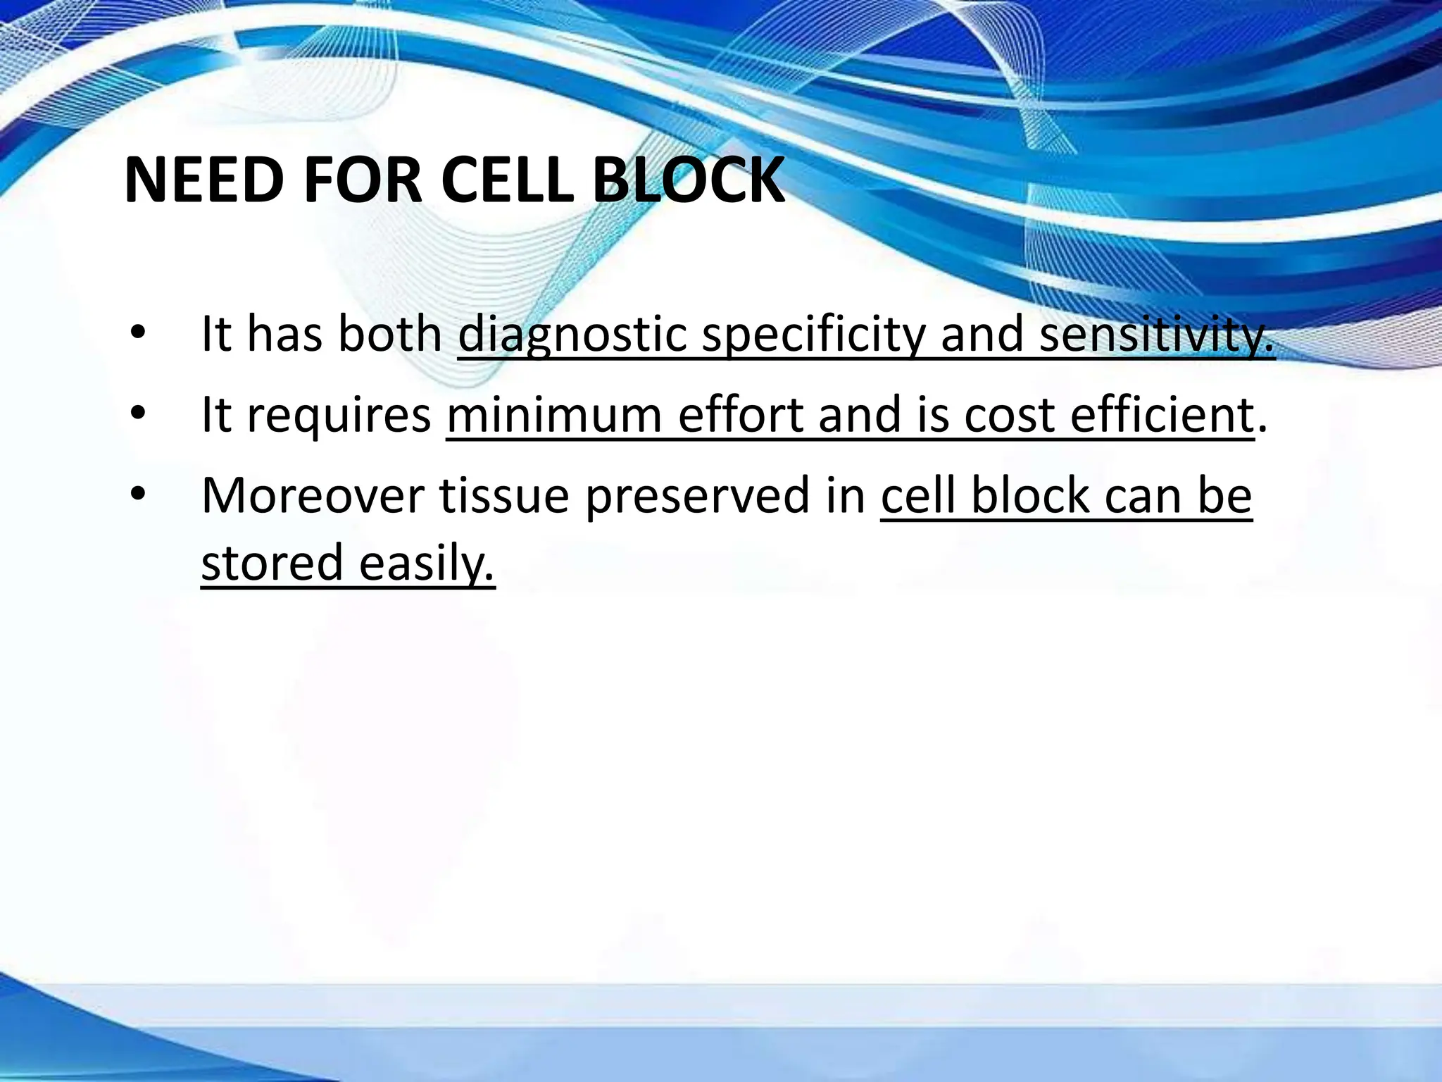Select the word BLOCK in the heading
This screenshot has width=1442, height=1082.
[688, 180]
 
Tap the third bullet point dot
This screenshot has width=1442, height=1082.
[138, 494]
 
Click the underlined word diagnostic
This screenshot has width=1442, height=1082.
[572, 335]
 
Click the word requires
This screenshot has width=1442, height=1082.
[339, 416]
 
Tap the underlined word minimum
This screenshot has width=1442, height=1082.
[554, 416]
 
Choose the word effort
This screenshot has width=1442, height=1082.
[739, 416]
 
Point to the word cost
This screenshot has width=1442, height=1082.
[1008, 416]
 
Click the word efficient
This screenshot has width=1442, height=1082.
[1162, 416]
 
